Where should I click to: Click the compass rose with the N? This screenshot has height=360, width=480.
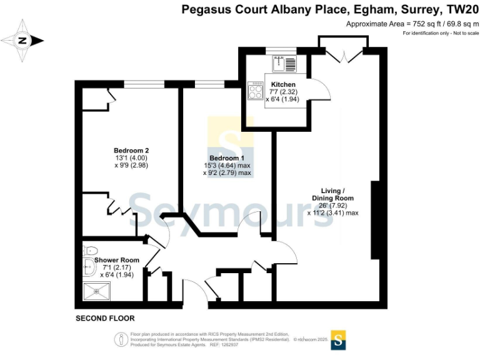pos(22,41)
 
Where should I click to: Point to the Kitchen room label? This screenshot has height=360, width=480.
pos(283,84)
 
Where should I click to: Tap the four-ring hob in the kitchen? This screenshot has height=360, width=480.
pos(256,91)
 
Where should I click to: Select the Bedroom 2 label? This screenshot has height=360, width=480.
pos(131,151)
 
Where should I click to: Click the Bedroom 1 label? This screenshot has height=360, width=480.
pos(227,157)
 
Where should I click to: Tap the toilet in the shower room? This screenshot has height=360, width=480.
pos(87,251)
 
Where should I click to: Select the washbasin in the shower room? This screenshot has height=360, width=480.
pos(89,267)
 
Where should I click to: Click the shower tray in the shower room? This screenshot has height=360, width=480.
pos(96,291)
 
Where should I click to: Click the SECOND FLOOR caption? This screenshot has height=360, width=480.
pos(105,318)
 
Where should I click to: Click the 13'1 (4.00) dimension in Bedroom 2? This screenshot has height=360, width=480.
pos(131,158)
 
